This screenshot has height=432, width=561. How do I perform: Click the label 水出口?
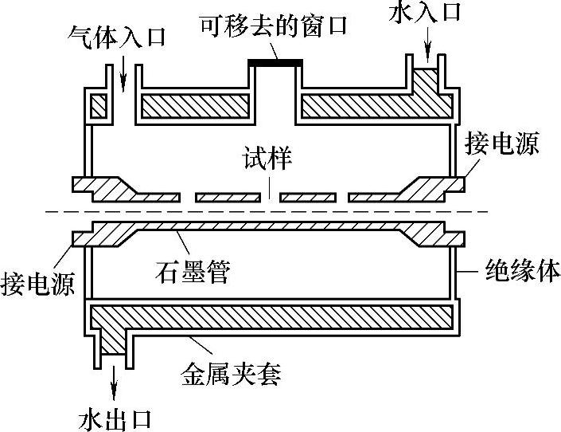tap(117, 418)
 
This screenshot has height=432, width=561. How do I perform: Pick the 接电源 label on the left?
tap(39, 282)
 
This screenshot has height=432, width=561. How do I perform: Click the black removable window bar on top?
tap(275, 61)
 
